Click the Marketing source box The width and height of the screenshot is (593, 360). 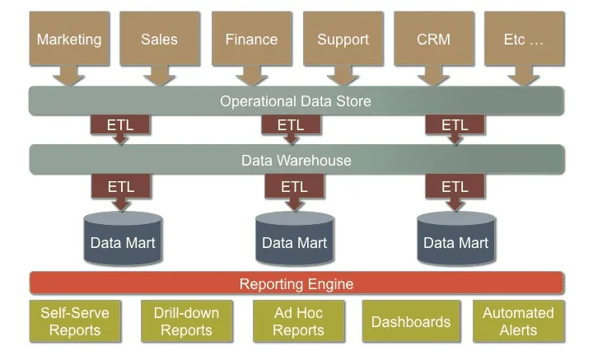click(x=69, y=39)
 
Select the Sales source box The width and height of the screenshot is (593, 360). click(x=160, y=39)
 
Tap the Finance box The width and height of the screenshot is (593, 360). click(x=252, y=39)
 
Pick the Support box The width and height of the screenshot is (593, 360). click(x=343, y=39)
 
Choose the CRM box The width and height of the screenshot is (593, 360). click(x=434, y=39)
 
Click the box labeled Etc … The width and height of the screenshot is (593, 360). click(x=524, y=39)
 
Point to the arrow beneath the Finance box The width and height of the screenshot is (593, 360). click(x=252, y=76)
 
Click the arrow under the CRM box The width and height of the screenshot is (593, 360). click(x=434, y=76)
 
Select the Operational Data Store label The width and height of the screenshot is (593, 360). click(x=296, y=101)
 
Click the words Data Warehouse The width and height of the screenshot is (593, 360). click(x=296, y=161)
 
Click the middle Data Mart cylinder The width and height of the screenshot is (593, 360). click(x=295, y=238)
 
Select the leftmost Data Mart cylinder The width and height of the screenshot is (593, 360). click(x=123, y=238)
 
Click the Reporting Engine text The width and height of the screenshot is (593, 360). click(x=296, y=284)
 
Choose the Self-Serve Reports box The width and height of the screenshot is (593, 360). click(x=75, y=321)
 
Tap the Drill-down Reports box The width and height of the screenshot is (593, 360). click(x=187, y=321)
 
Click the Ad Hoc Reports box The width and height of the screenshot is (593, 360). click(x=299, y=321)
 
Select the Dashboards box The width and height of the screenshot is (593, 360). click(x=411, y=321)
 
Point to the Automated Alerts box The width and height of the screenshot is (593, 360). click(x=519, y=321)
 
